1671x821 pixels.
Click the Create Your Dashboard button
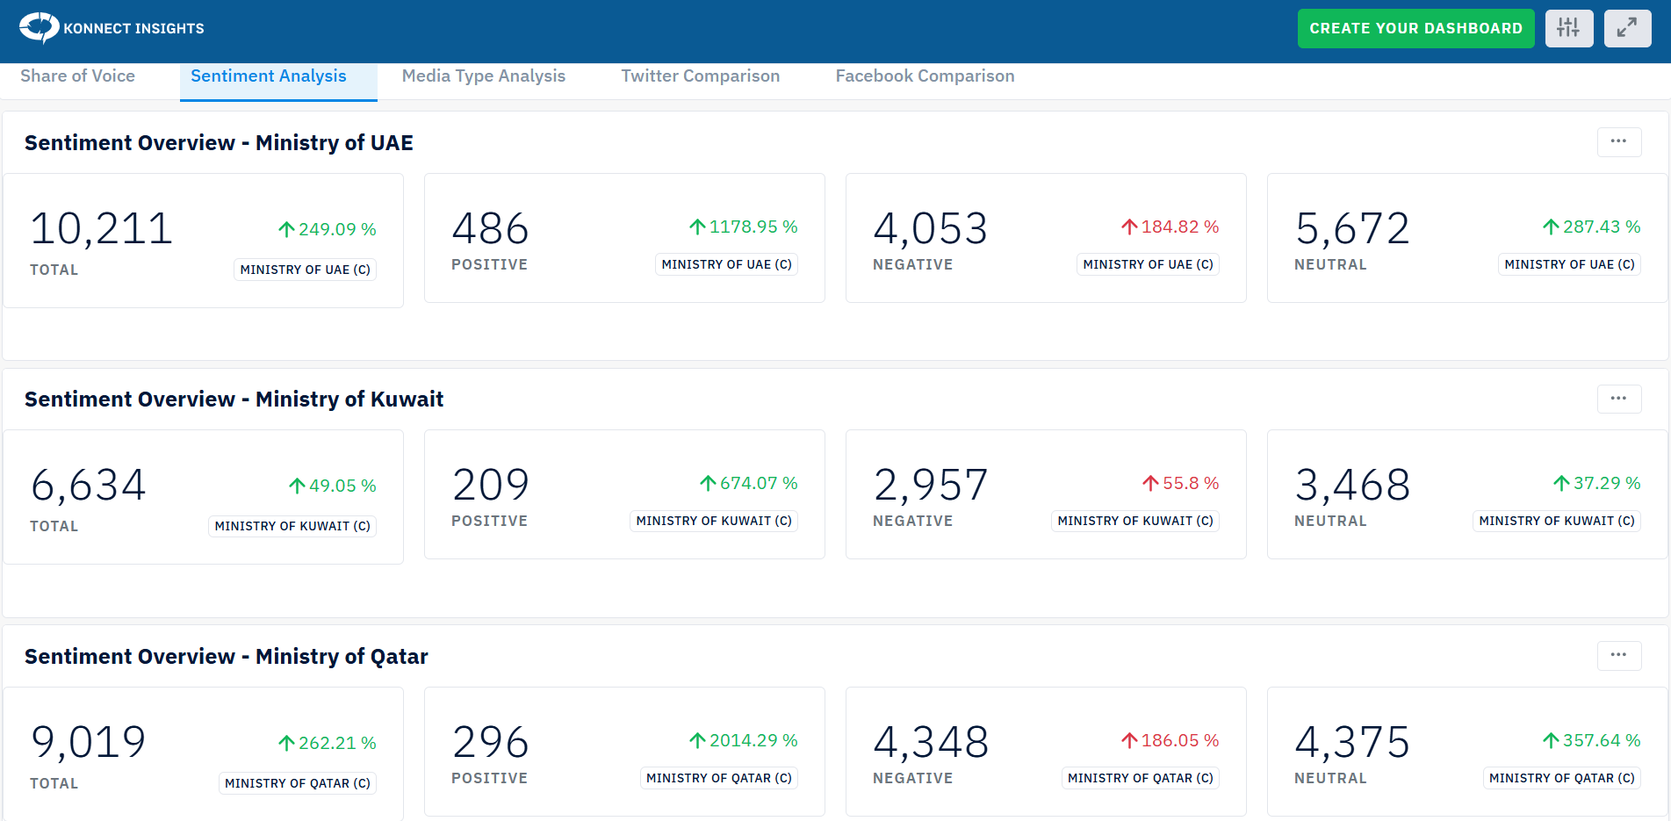1415,28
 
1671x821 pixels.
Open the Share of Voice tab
77,76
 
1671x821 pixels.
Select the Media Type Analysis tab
483,76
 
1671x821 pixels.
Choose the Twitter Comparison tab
700,76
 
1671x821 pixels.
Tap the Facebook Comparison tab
925,76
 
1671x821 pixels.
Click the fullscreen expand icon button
1627,28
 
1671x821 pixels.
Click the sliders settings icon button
1568,28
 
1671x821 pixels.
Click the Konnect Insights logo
112,28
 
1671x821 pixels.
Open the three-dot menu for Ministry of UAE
1618,141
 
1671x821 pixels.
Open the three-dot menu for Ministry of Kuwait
1618,399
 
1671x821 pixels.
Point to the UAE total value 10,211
101,229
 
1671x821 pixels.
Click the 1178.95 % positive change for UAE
753,227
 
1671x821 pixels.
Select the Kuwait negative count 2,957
930,485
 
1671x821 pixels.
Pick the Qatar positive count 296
490,742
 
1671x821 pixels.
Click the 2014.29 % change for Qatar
753,740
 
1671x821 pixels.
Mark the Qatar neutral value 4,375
1351,742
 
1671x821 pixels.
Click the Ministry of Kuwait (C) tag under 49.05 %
292,526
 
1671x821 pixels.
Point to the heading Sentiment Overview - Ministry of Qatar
226,656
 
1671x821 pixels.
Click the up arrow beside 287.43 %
1551,227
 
